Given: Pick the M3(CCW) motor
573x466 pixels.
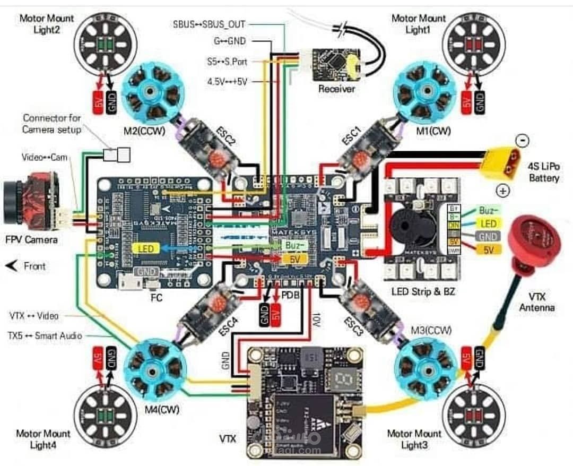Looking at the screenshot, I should (424, 367).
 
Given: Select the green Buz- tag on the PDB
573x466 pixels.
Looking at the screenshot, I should (294, 246).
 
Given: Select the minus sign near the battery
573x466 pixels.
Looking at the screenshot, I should (522, 141).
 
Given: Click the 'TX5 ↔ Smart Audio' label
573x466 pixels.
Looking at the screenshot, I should (45, 336).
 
